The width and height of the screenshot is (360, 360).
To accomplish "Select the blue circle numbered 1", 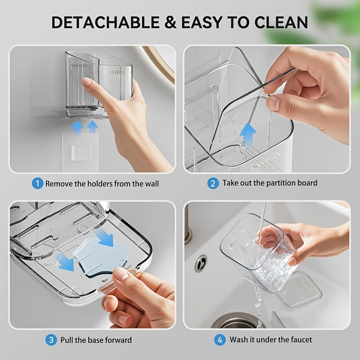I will pos(37,184).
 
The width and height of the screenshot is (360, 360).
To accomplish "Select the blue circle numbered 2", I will pos(213,183).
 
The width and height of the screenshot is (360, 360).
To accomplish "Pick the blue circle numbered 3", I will pos(51,340).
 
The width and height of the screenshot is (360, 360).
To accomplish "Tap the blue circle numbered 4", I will pos(220,340).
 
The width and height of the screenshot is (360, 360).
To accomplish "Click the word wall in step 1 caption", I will pos(150,184).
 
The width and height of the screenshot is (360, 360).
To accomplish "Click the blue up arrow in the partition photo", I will pos(247,133).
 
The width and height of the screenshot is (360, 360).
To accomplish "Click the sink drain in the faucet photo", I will pos(234,322).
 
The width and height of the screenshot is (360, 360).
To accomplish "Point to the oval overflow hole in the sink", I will pos(201,263).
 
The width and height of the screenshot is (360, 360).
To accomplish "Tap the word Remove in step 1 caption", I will pos(58,184).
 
